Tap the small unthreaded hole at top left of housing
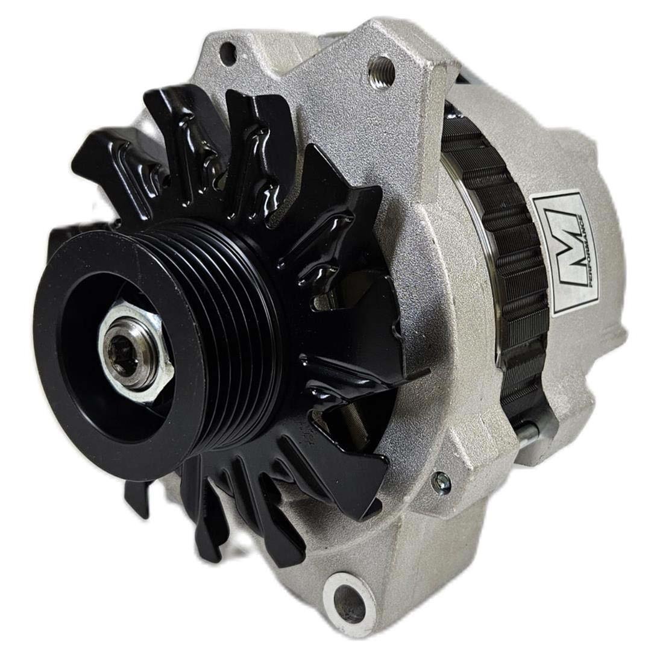click(x=228, y=54)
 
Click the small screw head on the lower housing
click(x=441, y=481)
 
